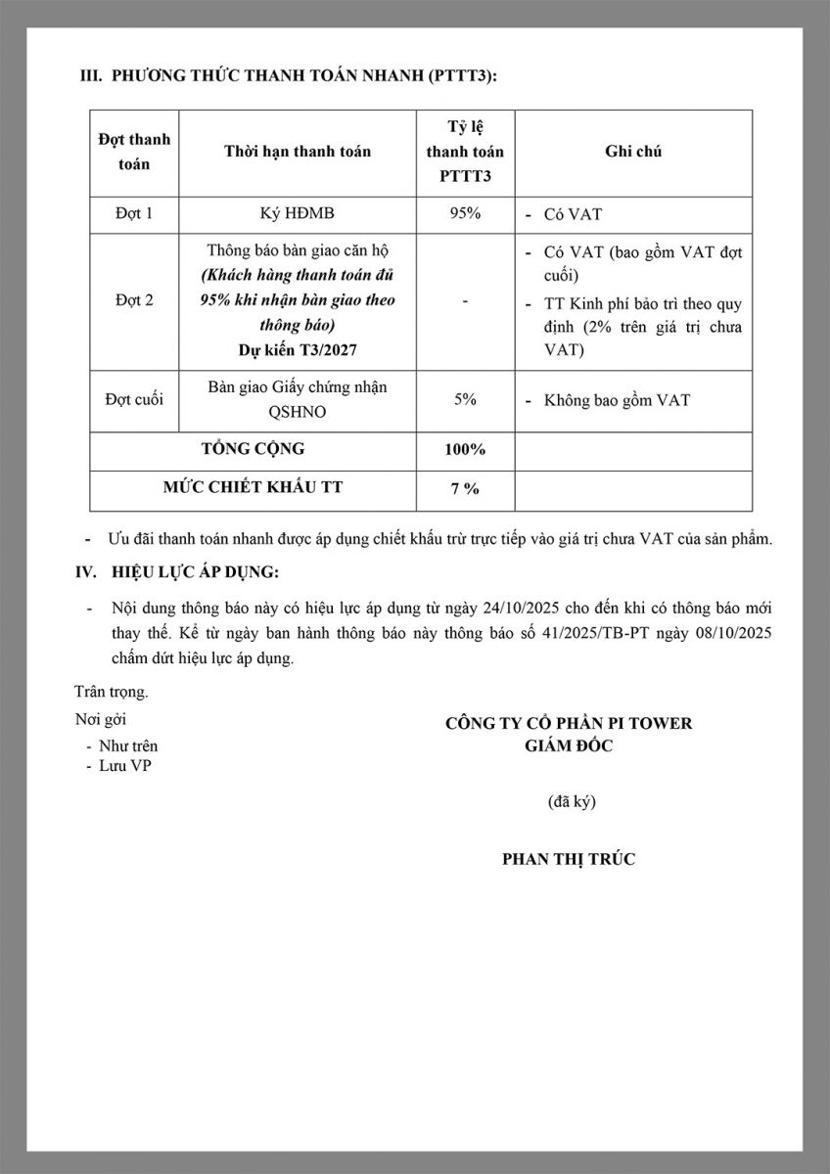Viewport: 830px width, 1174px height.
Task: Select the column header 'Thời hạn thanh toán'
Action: (298, 152)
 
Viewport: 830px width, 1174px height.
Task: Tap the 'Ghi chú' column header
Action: (633, 152)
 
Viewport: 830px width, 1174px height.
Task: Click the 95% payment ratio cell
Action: (465, 213)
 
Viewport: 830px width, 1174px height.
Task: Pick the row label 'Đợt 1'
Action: (134, 213)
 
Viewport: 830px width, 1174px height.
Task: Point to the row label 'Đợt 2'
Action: (134, 300)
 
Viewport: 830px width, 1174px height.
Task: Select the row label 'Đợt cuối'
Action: (134, 399)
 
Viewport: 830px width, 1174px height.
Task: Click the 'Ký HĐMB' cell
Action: (298, 213)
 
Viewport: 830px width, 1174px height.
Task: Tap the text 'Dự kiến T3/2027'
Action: (298, 348)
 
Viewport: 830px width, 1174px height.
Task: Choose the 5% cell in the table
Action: (465, 399)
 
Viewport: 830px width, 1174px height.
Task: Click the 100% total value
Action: (465, 450)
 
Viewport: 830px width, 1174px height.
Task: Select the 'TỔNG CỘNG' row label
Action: (254, 450)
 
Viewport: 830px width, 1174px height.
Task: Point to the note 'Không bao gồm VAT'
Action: (617, 400)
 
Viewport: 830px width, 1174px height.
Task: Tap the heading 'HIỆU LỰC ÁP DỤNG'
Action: (195, 571)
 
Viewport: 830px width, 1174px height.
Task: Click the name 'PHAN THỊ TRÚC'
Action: (569, 859)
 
